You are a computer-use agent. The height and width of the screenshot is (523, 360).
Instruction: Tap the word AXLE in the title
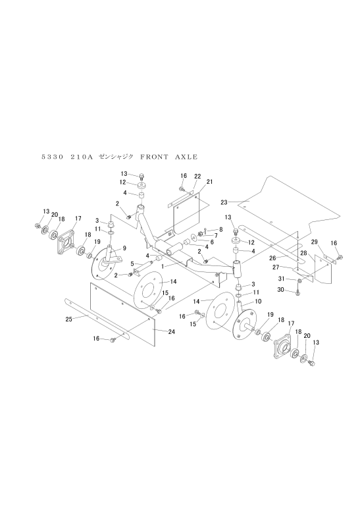[x=186, y=157]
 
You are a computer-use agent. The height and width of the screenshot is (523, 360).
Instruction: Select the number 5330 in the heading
[x=53, y=157]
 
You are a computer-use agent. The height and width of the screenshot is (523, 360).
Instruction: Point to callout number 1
[x=163, y=267]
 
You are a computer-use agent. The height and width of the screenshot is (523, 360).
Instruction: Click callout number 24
[x=172, y=331]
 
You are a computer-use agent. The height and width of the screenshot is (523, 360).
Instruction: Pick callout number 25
[x=68, y=319]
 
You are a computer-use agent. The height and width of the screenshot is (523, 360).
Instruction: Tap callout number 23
[x=224, y=202]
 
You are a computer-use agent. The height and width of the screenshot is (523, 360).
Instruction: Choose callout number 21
[x=209, y=182]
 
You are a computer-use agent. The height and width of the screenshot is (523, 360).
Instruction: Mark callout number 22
[x=197, y=176]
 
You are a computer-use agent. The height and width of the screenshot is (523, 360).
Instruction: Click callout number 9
[x=124, y=248]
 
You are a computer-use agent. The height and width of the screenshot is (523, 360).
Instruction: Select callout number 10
[x=258, y=301]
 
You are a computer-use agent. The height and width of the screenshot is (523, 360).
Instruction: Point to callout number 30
[x=280, y=290]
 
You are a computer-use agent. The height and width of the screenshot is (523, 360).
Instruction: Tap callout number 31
[x=282, y=279]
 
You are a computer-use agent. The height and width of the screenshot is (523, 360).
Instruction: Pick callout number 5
[x=132, y=264]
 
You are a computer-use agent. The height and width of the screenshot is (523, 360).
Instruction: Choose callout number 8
[x=220, y=229]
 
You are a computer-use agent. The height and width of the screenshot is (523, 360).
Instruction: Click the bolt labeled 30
[x=298, y=293]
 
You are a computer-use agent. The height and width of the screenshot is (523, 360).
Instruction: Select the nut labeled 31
[x=299, y=280]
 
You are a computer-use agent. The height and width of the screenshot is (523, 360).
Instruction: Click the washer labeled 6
[x=193, y=238]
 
